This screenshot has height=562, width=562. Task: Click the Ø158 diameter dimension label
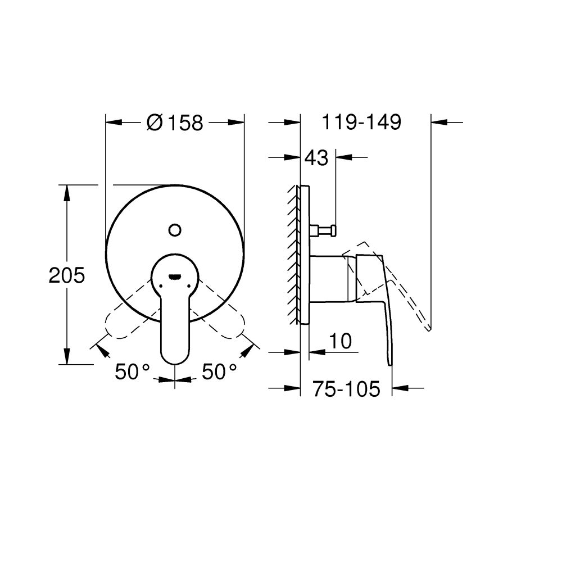pos(175,123)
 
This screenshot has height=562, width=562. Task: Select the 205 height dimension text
pos(66,275)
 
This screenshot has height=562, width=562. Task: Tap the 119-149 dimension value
pos(361,123)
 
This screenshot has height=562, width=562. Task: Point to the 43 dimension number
pos(316,158)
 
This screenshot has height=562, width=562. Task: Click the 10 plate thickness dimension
pos(341,341)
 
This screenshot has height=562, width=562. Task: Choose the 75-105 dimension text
pos(346,388)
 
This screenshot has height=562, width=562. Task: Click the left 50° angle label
pos(133,371)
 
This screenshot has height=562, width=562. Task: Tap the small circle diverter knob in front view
pos(175,229)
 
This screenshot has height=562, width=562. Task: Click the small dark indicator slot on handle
pos(175,276)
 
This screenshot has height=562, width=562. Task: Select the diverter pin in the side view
pos(324,229)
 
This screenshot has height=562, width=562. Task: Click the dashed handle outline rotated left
pos(121,323)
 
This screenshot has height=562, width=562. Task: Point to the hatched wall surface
pos(293,253)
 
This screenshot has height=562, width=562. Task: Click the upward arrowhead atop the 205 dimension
pos(67,191)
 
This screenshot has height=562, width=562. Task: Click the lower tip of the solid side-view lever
pos(391,362)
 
